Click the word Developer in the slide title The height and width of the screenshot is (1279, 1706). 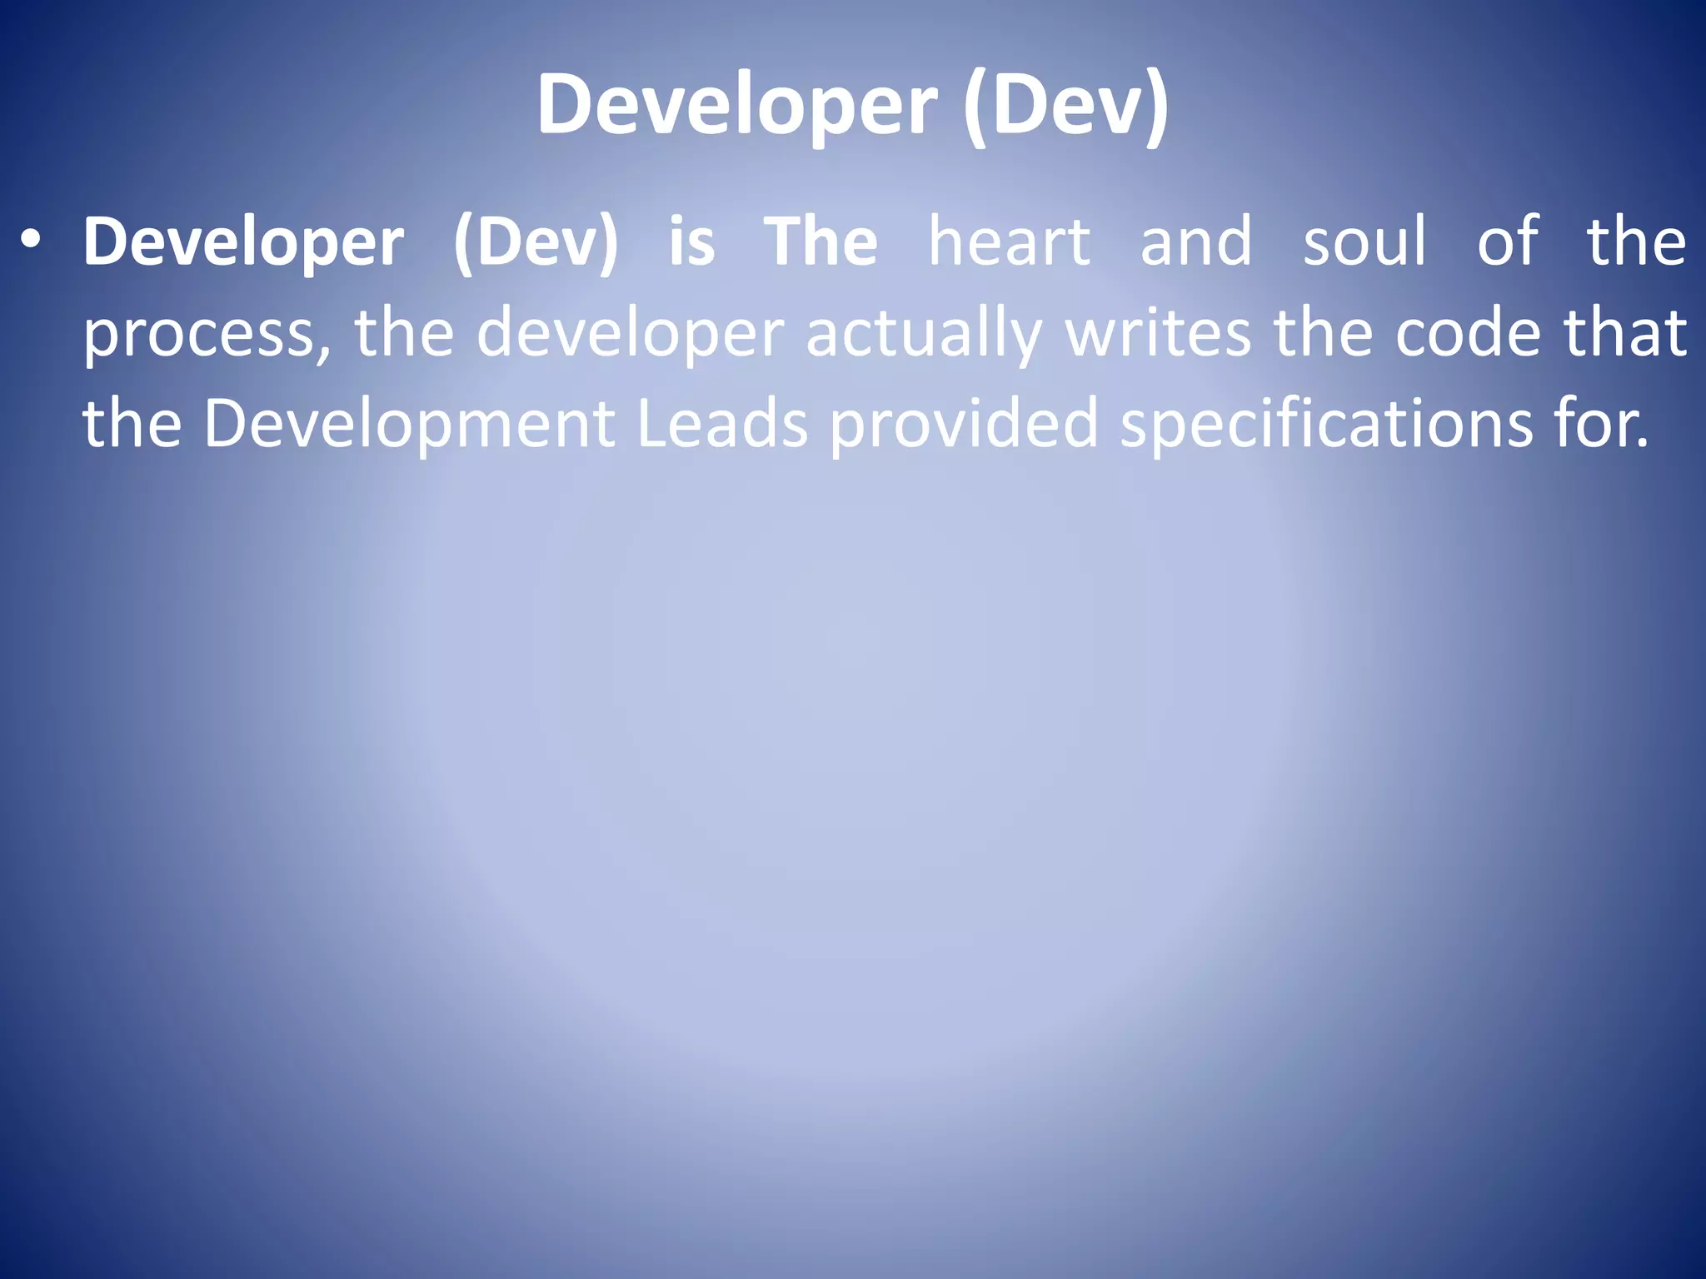click(x=737, y=106)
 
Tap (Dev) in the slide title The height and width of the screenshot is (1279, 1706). click(x=1065, y=106)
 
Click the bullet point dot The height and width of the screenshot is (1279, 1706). click(x=31, y=241)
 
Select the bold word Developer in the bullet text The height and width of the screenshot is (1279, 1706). click(x=243, y=242)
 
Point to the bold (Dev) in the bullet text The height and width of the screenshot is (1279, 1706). click(x=536, y=242)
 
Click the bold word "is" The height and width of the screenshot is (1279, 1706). click(x=691, y=242)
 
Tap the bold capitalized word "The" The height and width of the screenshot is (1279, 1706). click(x=821, y=242)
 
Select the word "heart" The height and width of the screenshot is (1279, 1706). click(x=1009, y=242)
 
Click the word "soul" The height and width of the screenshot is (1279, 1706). click(x=1364, y=242)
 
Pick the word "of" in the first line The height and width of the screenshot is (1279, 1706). click(x=1507, y=242)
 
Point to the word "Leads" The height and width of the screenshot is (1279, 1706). click(x=722, y=423)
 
